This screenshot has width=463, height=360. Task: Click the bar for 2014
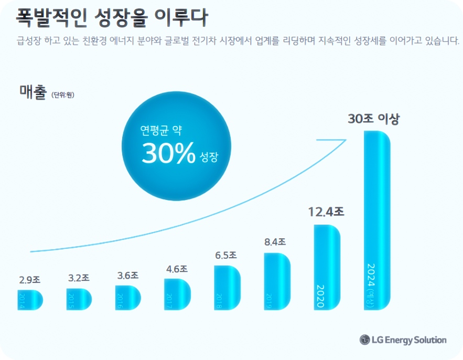[x=29, y=299]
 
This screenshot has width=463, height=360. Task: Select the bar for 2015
[x=79, y=299]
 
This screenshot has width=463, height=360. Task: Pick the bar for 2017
[x=178, y=294]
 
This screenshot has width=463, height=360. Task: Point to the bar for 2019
[x=277, y=281]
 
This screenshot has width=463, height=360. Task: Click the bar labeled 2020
[x=327, y=267]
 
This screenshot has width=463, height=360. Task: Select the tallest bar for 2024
[x=377, y=220]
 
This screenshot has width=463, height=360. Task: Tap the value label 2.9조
[x=29, y=280]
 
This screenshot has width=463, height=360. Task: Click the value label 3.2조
[x=79, y=278]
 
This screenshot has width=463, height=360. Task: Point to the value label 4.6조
[x=177, y=269]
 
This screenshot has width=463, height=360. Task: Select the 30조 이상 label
[x=373, y=119]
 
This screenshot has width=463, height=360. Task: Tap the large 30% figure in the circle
[x=167, y=153]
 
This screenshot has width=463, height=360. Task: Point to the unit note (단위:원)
[x=63, y=95]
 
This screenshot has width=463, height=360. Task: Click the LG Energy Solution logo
[x=403, y=340]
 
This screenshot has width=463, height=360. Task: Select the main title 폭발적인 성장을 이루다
[x=111, y=18]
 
